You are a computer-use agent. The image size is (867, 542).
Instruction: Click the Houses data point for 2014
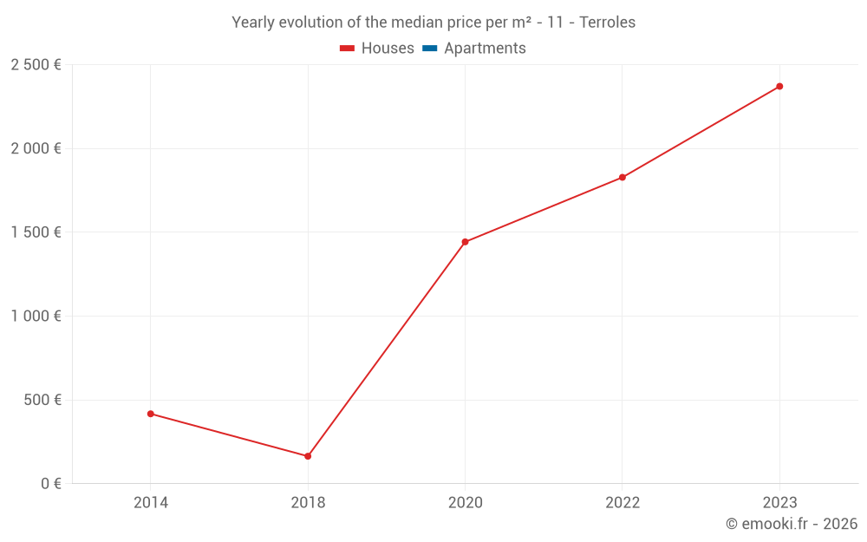151,414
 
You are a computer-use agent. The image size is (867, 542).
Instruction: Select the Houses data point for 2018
308,456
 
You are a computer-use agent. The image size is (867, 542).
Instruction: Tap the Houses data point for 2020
466,242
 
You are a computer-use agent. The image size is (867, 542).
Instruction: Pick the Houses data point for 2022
623,178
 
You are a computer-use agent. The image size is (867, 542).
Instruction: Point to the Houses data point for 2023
779,87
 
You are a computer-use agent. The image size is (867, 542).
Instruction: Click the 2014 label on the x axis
151,503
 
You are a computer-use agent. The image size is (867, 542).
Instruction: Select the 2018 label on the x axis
308,503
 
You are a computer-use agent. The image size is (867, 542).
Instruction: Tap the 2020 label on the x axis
466,503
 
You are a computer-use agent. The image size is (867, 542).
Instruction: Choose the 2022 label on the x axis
623,503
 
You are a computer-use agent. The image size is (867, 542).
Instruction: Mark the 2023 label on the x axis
779,503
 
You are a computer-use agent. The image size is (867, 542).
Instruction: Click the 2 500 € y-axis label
36,65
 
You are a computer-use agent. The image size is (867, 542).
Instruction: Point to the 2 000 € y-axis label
36,148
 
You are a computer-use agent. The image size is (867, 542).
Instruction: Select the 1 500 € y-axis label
36,232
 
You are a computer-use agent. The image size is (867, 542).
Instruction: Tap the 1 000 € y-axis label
36,317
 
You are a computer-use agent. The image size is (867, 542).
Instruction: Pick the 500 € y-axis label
42,400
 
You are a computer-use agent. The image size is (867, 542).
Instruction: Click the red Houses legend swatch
348,49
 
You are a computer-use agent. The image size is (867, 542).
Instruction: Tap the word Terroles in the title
607,23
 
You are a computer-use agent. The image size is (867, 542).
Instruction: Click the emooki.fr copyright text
792,524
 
